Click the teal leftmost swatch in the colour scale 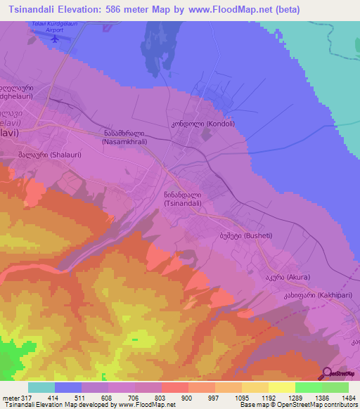[41, 387]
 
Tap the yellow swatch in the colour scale [281, 387]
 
